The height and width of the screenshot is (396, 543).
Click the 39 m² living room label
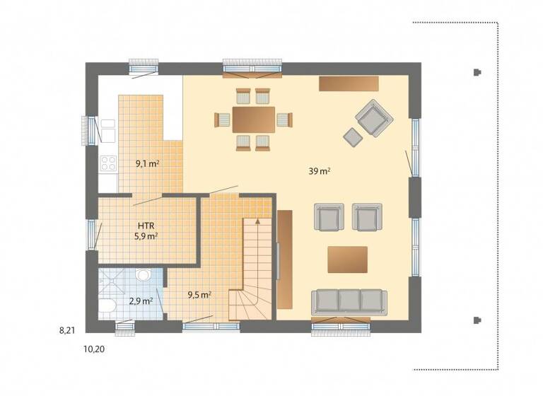pos(320,171)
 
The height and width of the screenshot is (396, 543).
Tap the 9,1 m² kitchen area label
pos(147,163)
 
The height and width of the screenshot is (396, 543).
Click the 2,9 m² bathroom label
pos(140,301)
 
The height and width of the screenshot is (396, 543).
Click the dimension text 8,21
pos(68,330)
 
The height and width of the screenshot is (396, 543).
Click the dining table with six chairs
pos(254,119)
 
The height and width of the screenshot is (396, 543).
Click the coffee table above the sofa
pos(347,259)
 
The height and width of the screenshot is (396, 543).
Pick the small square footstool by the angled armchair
pos(352,136)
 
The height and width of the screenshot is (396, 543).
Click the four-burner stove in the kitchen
pos(108,164)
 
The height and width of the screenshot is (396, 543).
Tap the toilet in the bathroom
pos(106,307)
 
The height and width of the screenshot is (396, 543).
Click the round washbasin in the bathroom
pos(143,274)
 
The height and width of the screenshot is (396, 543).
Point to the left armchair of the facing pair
pos(329,217)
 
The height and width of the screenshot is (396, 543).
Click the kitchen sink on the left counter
pos(108,131)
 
